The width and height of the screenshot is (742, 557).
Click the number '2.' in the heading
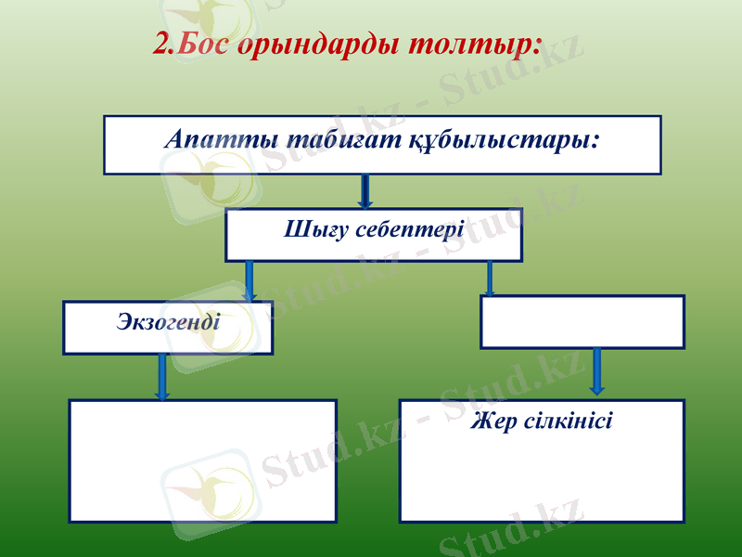(x=164, y=45)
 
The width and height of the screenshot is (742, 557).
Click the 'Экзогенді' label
(x=168, y=323)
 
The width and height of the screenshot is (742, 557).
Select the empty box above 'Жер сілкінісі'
(x=582, y=321)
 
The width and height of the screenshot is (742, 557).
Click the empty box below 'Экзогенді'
(x=202, y=460)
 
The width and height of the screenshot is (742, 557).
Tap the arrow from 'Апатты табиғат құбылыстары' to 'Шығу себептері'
(x=365, y=190)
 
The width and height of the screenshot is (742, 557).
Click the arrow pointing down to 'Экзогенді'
(x=249, y=280)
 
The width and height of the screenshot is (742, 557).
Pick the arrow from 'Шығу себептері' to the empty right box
(x=490, y=278)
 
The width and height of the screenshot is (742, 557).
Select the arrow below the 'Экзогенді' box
(x=162, y=377)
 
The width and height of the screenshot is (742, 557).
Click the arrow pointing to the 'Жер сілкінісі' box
(x=596, y=372)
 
